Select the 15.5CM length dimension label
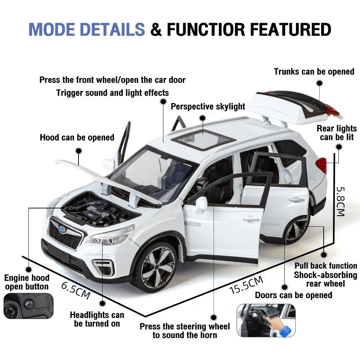click(247, 285)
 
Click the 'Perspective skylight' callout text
click(208, 107)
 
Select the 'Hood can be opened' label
click(77, 137)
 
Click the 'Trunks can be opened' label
click(314, 72)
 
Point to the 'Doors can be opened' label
click(293, 295)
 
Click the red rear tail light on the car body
click(321, 165)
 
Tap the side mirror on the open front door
click(201, 204)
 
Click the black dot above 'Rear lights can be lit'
click(338, 147)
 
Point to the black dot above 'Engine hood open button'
click(28, 269)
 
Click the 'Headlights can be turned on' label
click(97, 319)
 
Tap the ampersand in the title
click(156, 30)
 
